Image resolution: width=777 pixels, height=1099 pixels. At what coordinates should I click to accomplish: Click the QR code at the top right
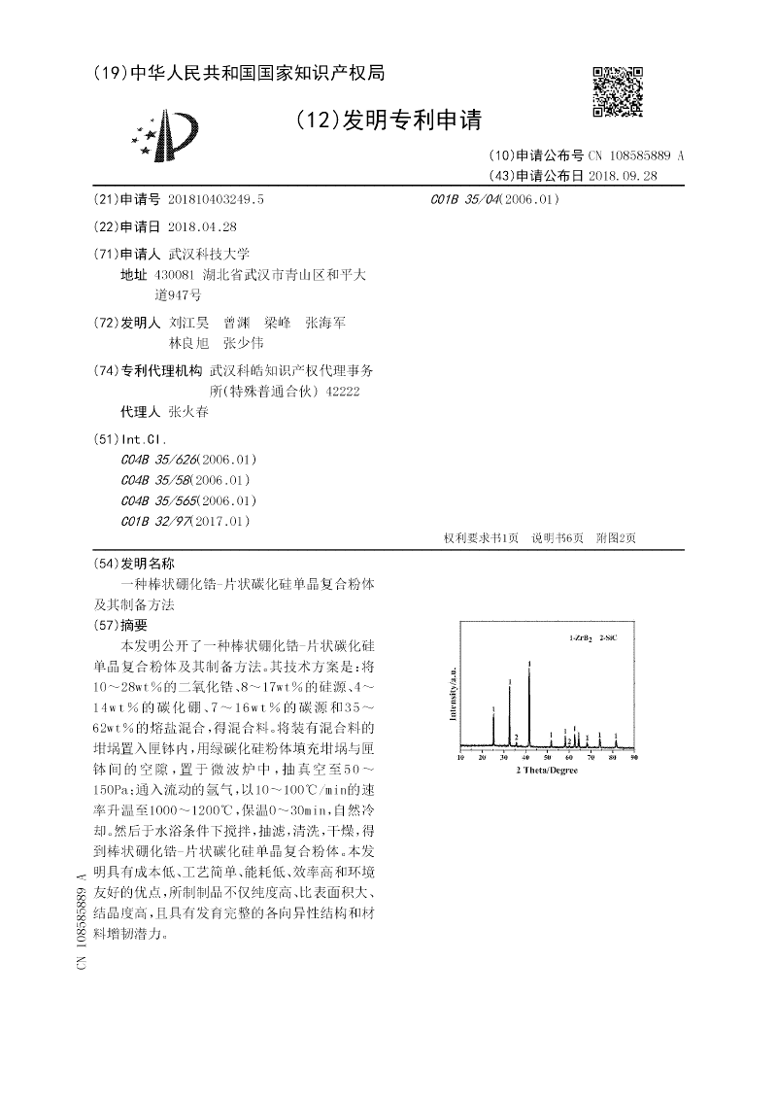click(619, 91)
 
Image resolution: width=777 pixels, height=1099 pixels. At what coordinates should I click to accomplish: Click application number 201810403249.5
click(216, 198)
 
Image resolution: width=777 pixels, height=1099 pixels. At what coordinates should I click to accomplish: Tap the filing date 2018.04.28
click(202, 225)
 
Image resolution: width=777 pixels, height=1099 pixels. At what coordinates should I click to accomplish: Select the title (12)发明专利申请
click(388, 120)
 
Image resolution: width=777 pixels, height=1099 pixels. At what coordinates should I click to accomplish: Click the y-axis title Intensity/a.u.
click(452, 694)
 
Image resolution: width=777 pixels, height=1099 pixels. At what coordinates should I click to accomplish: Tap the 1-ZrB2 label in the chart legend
click(580, 638)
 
